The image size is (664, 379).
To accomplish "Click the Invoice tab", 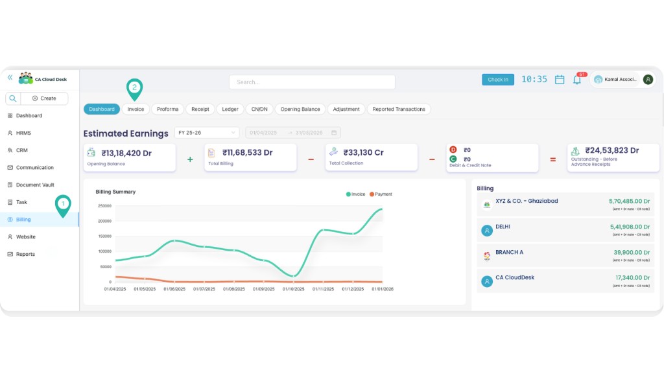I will (136, 109).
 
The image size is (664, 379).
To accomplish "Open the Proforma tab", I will (167, 109).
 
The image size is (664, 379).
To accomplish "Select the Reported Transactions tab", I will (399, 109).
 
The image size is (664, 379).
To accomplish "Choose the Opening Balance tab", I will (300, 109).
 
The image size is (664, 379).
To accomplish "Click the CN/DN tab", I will (259, 109).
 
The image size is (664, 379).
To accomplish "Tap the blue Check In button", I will (497, 80).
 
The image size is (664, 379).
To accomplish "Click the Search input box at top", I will (312, 82).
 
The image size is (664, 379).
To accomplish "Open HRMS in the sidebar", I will (23, 133).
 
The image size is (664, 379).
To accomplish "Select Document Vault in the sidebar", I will (35, 185).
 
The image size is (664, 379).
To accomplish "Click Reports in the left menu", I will (25, 254).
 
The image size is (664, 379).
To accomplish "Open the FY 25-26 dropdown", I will (207, 133).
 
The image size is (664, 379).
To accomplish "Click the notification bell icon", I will (576, 80).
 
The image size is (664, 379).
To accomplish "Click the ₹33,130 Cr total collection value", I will (363, 152).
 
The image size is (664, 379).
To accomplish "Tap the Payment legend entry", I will (383, 194).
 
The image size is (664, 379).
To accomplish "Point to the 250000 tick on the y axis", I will (103, 206).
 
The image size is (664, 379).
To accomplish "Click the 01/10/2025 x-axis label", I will (294, 289).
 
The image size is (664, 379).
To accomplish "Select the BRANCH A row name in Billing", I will (509, 252).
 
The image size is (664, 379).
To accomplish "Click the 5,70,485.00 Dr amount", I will (629, 201).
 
